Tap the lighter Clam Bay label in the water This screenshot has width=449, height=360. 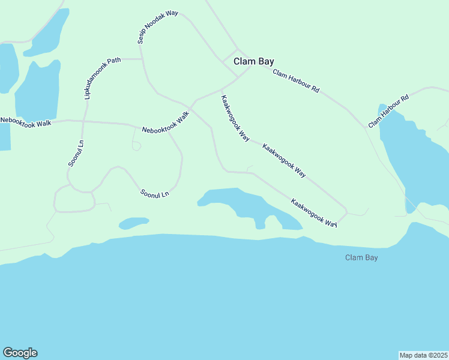coord(361,257)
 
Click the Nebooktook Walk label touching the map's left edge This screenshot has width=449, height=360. coord(26,121)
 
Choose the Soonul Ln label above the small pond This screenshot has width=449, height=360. coord(154,194)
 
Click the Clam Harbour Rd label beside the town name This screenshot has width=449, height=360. coord(295,81)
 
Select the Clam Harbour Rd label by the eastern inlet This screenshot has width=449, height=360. coord(388,110)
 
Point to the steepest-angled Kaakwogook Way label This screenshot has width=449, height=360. coord(235,118)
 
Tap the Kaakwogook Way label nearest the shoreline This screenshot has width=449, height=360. coord(314,212)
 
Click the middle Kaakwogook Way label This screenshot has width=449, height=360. coord(285,160)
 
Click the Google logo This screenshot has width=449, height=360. coord(20,353)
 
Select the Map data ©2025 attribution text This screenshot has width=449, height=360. coord(423,355)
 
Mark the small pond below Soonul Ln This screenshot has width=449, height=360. coord(133,223)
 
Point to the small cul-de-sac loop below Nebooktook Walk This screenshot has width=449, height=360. coord(136,146)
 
